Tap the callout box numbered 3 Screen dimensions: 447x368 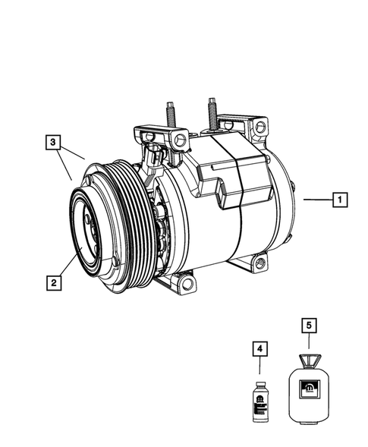tap(52, 141)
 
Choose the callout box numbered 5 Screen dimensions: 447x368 tap(308, 326)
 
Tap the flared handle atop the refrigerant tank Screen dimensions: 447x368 tap(308, 360)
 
